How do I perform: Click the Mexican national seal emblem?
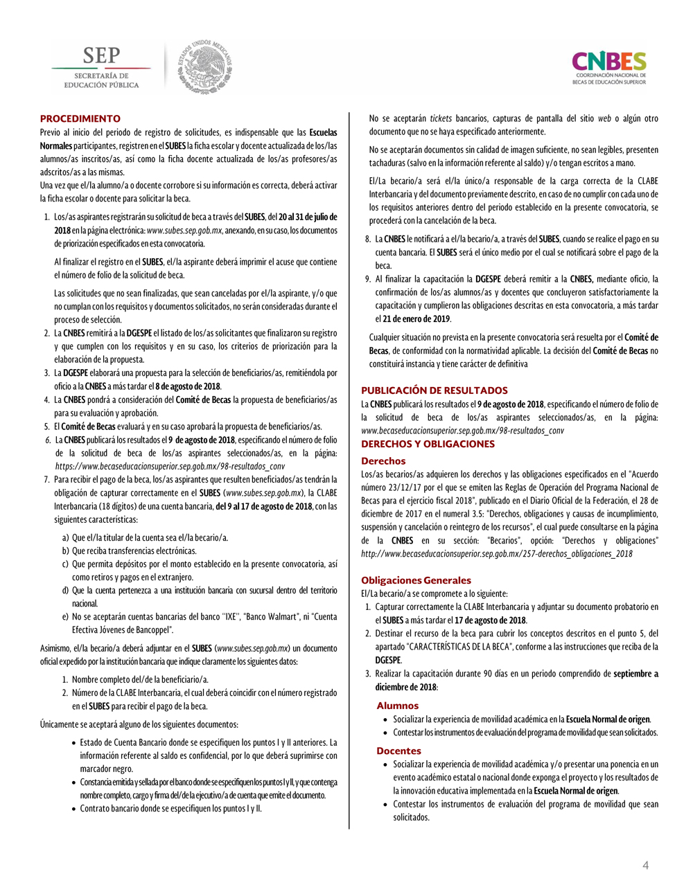[x=204, y=67]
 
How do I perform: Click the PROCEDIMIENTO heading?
[x=80, y=118]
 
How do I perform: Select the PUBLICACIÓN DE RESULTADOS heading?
[x=435, y=391]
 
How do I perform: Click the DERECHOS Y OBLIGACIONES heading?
[x=428, y=444]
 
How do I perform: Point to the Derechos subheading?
[x=383, y=460]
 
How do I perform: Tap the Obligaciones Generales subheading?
[x=416, y=580]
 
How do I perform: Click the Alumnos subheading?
[x=398, y=706]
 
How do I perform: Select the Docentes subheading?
[x=398, y=751]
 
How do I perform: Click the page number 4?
[x=646, y=866]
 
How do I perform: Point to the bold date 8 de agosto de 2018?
[x=188, y=386]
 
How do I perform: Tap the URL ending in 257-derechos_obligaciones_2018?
[x=496, y=554]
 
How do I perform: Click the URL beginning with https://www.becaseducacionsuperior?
[x=170, y=466]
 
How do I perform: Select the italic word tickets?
[x=441, y=118]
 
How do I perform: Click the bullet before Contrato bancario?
[x=73, y=809]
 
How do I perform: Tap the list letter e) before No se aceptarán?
[x=65, y=617]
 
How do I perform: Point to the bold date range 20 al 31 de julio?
[x=308, y=217]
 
